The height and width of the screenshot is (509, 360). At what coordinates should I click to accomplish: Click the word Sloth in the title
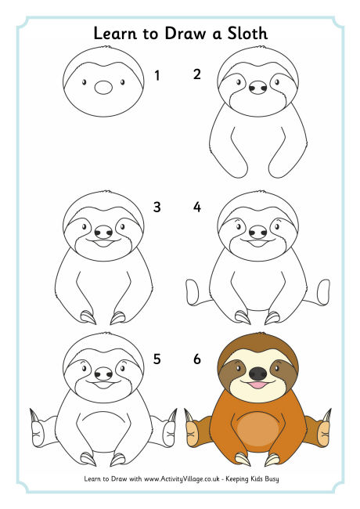pyautogui.click(x=243, y=34)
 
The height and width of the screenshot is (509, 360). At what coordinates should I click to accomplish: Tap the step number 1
pyautogui.click(x=157, y=76)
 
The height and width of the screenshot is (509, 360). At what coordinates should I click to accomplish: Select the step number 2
pyautogui.click(x=197, y=76)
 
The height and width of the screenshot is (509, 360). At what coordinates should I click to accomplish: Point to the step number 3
pyautogui.click(x=157, y=208)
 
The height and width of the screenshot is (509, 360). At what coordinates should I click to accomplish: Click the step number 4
pyautogui.click(x=197, y=208)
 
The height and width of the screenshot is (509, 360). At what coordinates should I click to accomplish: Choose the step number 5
pyautogui.click(x=157, y=359)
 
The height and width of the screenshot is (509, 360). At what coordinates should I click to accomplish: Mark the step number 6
pyautogui.click(x=197, y=359)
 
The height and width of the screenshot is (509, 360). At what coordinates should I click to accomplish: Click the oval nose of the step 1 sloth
pyautogui.click(x=103, y=88)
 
